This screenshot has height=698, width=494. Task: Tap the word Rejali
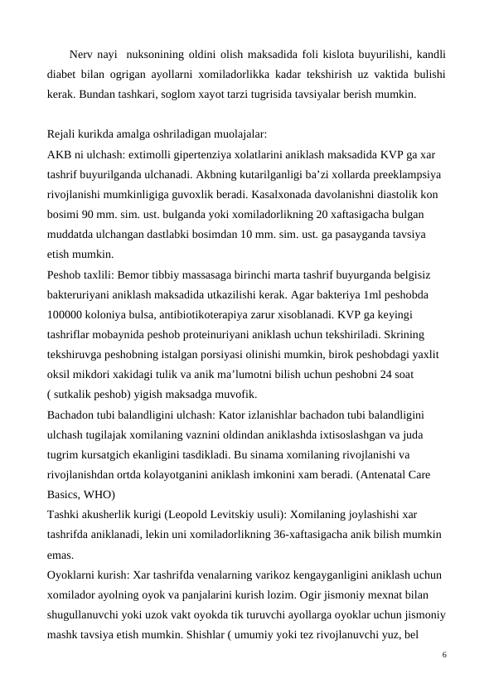pyautogui.click(x=63, y=133)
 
